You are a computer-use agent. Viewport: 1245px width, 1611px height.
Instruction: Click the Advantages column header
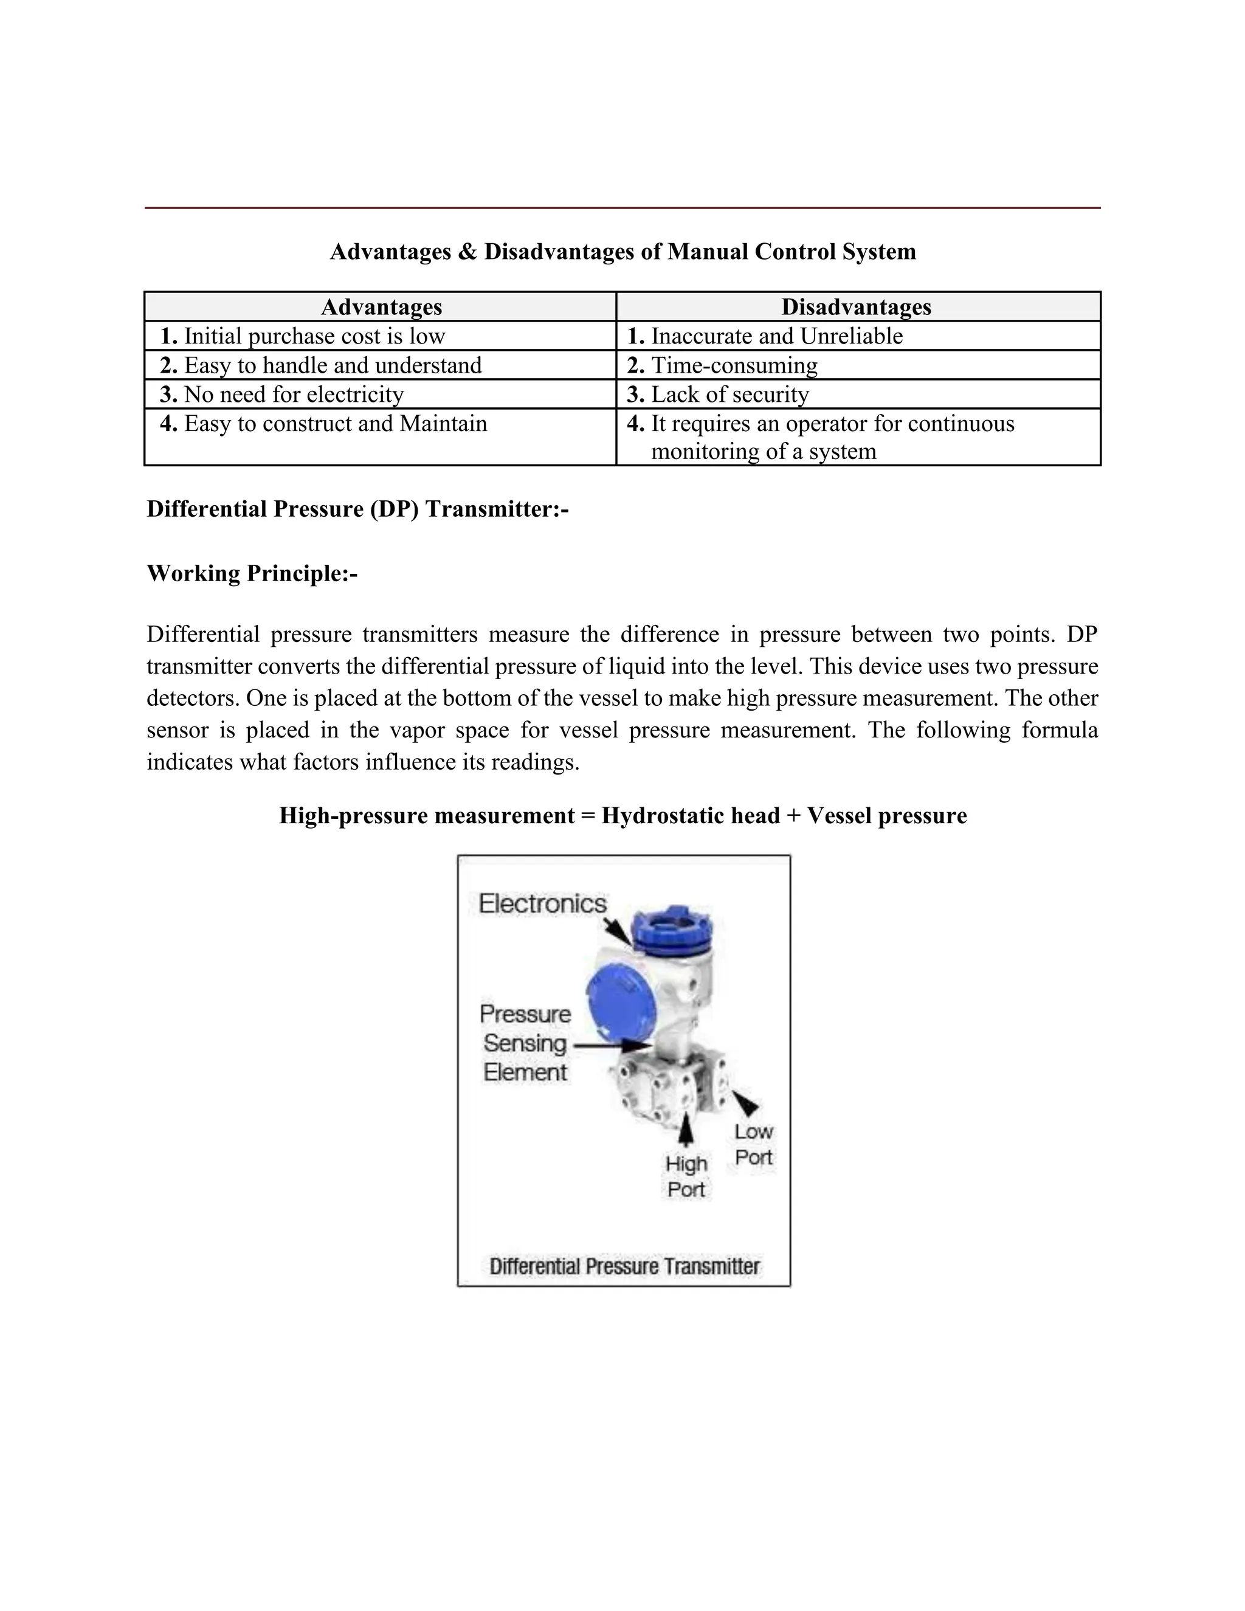click(x=381, y=307)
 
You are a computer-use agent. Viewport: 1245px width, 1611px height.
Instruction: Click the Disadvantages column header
click(x=857, y=307)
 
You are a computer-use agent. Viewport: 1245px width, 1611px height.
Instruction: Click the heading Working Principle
click(x=252, y=573)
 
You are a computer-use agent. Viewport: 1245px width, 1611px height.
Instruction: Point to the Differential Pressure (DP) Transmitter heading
click(x=357, y=509)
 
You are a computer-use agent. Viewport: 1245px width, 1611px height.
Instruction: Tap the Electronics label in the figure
click(x=542, y=903)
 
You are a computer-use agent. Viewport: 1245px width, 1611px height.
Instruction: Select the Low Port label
click(x=753, y=1144)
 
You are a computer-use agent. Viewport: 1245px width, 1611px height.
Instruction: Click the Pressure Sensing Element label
click(x=525, y=1043)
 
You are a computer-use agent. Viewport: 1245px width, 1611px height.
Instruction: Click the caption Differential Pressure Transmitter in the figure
click(x=624, y=1266)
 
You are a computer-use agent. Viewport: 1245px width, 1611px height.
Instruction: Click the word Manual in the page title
click(x=708, y=252)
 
